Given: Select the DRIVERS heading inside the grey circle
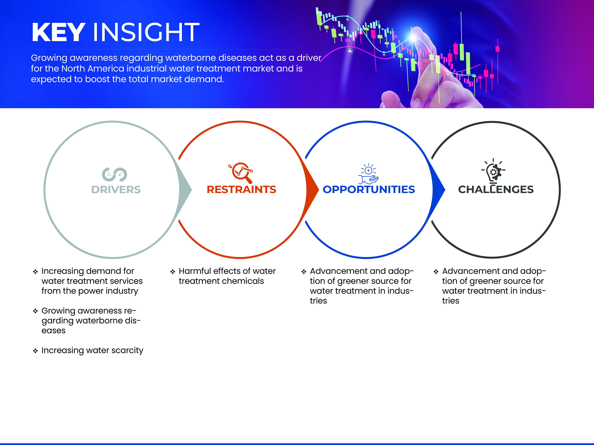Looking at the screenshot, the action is click(x=116, y=190).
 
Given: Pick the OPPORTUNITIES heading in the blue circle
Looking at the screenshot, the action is click(x=369, y=190).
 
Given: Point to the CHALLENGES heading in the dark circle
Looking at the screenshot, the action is click(x=496, y=190).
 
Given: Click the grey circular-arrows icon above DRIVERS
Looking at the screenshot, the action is click(x=114, y=174).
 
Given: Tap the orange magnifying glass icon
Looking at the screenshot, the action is click(x=241, y=173).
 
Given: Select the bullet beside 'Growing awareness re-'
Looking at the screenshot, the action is click(x=35, y=311).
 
